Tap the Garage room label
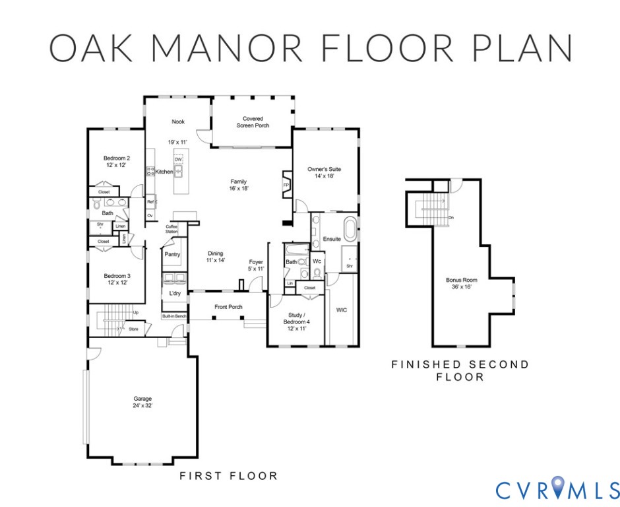(x=142, y=402)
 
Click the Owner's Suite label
(x=324, y=173)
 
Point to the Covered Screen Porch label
(x=253, y=122)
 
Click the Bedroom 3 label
(x=117, y=279)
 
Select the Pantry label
(x=172, y=254)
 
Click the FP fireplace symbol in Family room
(x=286, y=186)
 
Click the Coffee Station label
(x=171, y=230)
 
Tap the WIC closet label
(x=342, y=310)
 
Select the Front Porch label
(x=228, y=307)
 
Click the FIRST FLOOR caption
(x=229, y=476)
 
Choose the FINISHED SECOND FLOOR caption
(x=460, y=370)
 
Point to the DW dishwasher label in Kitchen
(x=178, y=159)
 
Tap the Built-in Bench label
(x=174, y=317)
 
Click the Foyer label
(x=256, y=265)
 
